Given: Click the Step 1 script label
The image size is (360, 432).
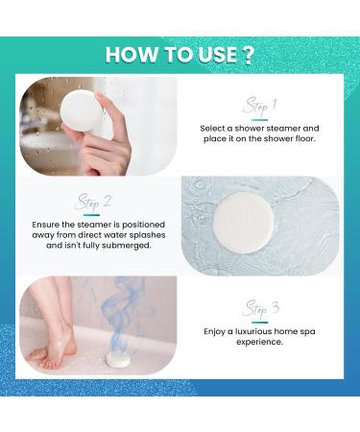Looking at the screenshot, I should click(x=259, y=105).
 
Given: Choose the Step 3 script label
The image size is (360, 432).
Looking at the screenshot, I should click(x=259, y=308).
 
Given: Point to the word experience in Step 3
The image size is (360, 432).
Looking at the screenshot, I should click(x=258, y=342).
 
